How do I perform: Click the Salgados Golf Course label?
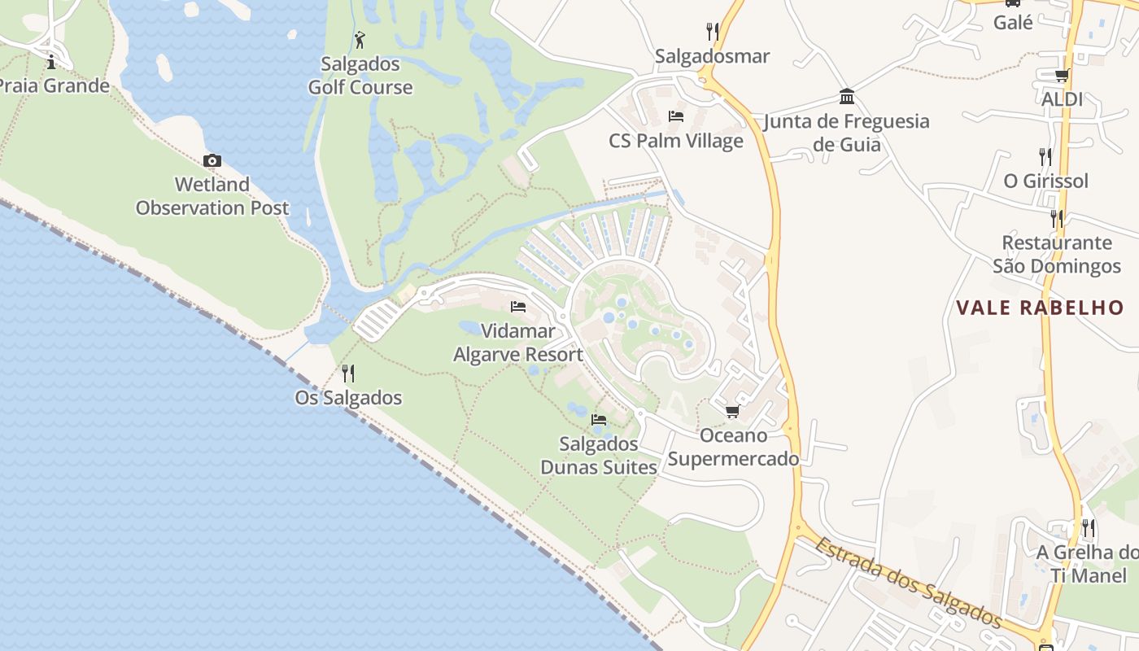(360, 76)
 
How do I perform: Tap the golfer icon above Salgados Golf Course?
(360, 39)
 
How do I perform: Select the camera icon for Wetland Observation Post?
(212, 160)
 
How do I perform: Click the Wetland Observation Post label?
(212, 196)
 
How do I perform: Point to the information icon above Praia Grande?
(51, 61)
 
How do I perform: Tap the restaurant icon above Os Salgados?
(348, 374)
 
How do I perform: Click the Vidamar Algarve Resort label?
(518, 343)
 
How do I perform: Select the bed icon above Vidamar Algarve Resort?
(518, 307)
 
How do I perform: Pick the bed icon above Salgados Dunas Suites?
(600, 420)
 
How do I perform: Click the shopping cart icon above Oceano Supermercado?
(733, 411)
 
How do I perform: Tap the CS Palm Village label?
(676, 141)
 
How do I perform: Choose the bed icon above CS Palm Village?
(676, 116)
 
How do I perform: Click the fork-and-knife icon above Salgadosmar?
(713, 32)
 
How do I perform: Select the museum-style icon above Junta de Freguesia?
(847, 97)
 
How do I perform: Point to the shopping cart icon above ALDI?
(1062, 76)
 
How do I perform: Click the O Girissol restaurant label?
(1045, 181)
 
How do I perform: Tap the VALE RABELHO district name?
(1040, 308)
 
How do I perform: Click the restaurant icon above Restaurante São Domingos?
(1057, 218)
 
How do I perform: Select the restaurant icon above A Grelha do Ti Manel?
(1089, 528)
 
